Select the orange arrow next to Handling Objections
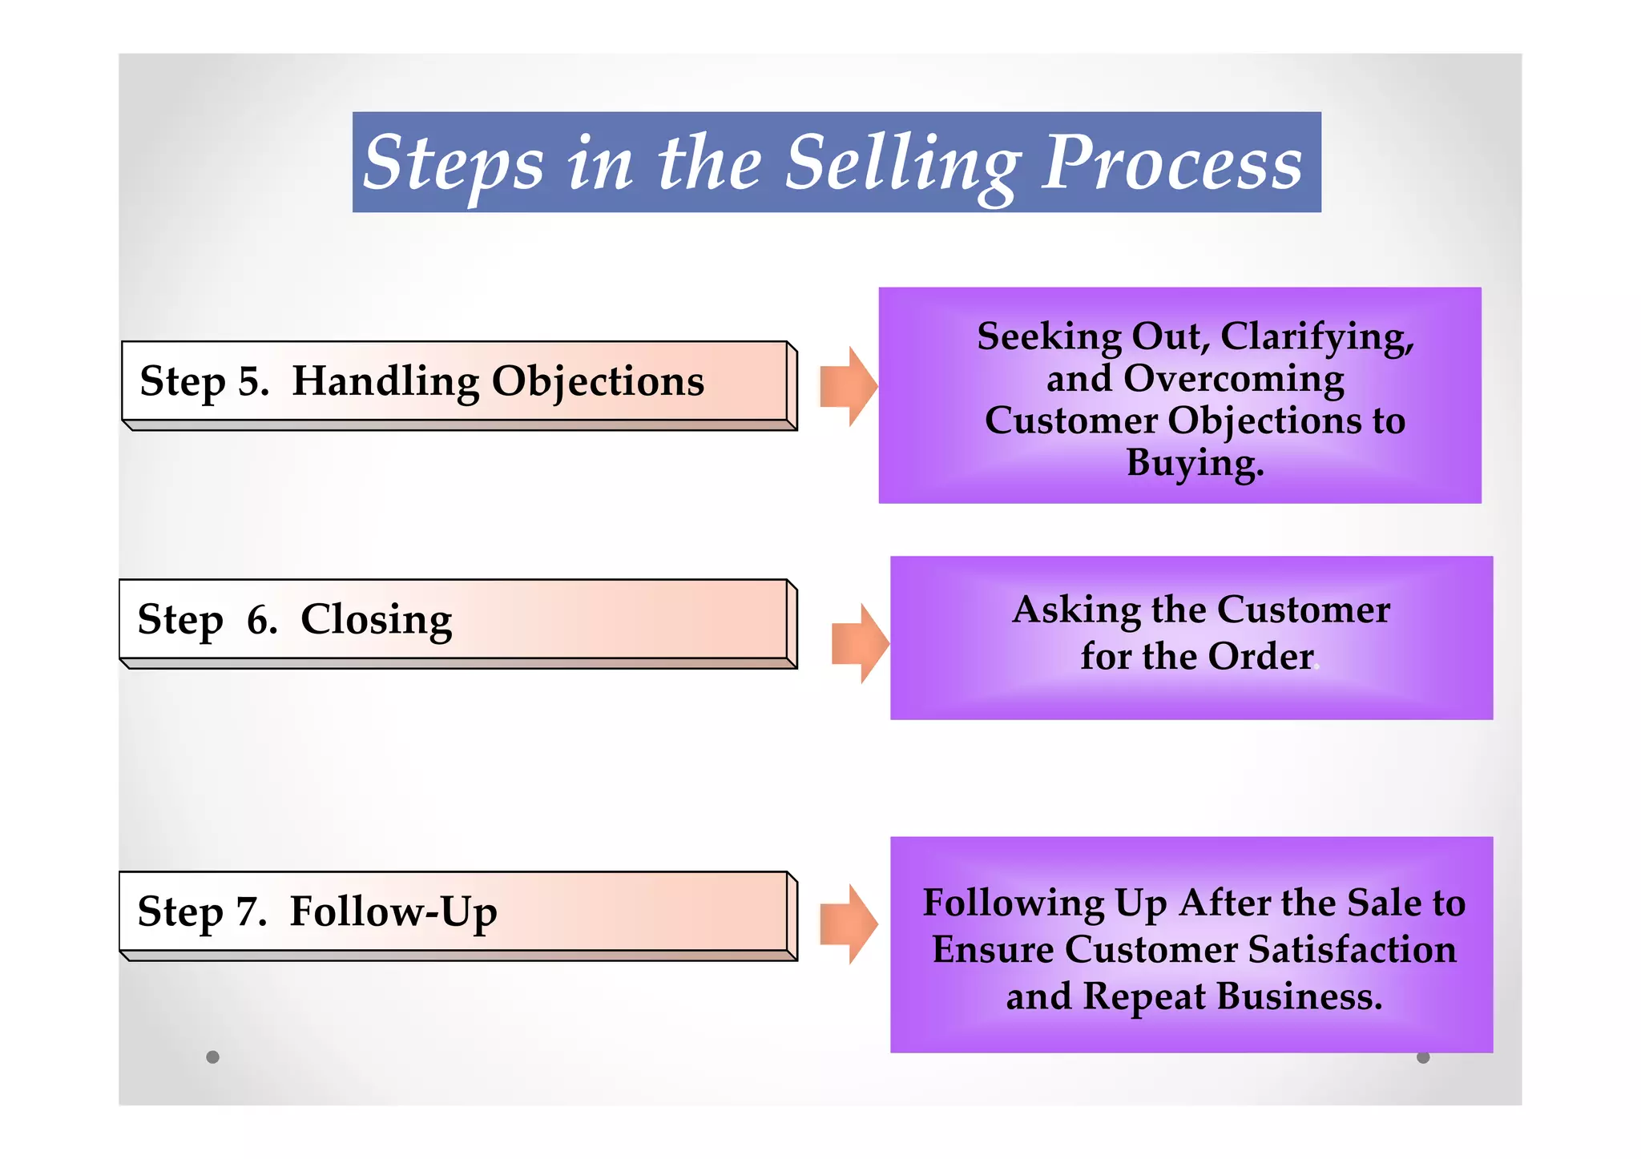849,386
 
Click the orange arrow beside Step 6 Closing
860,643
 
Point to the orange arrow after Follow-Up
849,924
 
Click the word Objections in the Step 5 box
598,381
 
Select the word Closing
376,620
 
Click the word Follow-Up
393,912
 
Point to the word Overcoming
1234,379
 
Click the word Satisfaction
1352,950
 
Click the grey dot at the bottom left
212,1057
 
